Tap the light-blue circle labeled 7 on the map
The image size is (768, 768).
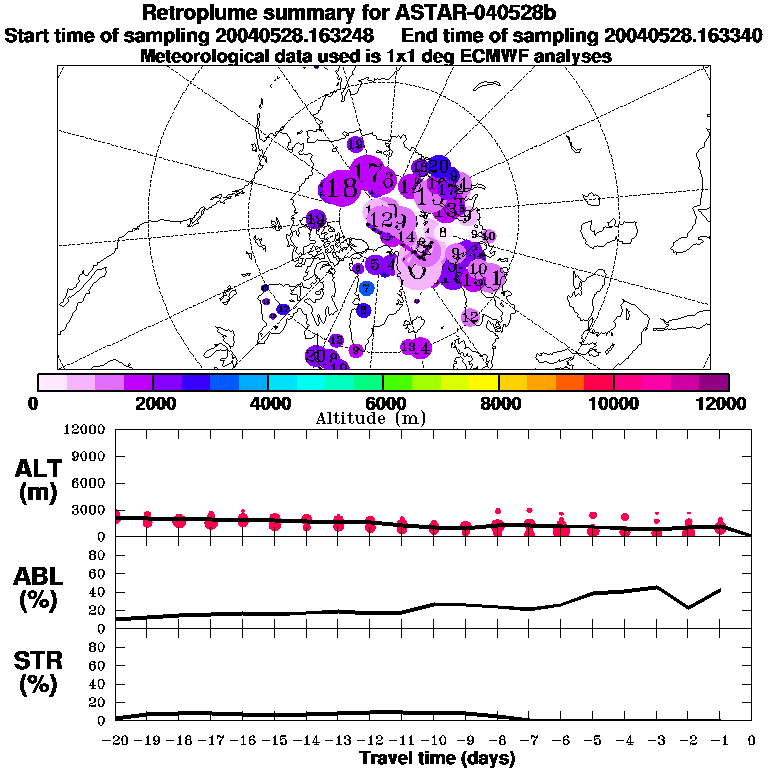click(x=367, y=288)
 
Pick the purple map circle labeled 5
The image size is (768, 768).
click(x=374, y=265)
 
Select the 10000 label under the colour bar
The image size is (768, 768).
click(x=613, y=403)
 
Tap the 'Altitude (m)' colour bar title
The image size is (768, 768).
click(x=383, y=418)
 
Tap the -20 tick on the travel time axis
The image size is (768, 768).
click(x=116, y=741)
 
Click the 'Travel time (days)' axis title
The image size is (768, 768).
click(x=437, y=759)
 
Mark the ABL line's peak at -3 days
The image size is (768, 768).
click(x=656, y=587)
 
